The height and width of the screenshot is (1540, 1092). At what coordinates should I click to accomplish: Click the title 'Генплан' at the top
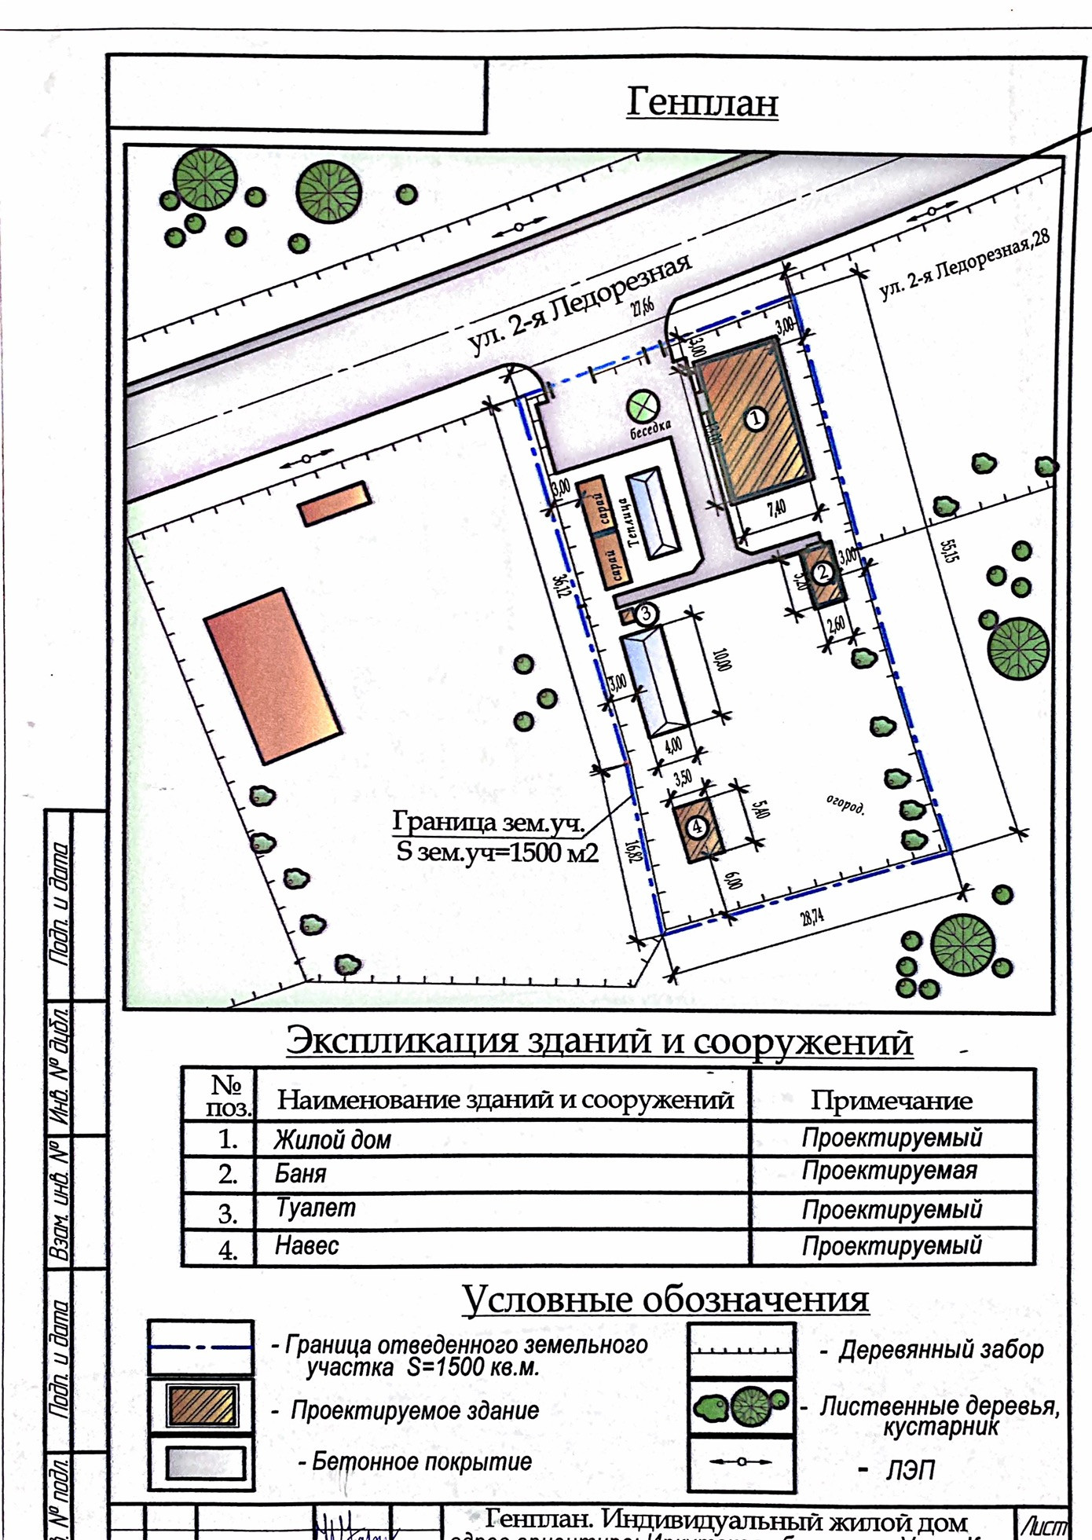tap(702, 103)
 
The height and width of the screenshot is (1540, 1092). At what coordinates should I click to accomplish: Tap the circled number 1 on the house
tap(755, 417)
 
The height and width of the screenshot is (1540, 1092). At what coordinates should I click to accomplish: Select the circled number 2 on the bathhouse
tap(823, 572)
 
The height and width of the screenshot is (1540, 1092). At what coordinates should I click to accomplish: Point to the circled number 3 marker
tap(645, 613)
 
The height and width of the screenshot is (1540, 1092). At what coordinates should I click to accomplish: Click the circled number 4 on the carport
tap(697, 827)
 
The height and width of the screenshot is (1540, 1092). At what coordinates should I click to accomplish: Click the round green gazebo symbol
tap(643, 405)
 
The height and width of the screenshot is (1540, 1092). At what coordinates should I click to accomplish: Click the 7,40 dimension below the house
tap(776, 508)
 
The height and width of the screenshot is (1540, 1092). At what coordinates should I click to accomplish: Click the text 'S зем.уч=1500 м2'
tap(497, 852)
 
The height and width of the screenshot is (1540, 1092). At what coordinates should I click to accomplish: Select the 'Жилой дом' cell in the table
tap(332, 1139)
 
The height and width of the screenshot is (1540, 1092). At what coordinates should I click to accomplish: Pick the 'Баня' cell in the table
tap(300, 1174)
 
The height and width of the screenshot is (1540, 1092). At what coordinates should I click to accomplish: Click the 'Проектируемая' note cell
tap(889, 1171)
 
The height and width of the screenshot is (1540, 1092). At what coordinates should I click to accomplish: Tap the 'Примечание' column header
tap(891, 1100)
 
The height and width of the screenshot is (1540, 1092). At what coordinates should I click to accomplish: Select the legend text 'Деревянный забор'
tap(940, 1350)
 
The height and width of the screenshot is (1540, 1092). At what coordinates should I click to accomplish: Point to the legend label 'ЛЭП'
tap(910, 1469)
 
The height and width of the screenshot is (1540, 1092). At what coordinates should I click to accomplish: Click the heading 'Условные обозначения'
tap(665, 1300)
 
